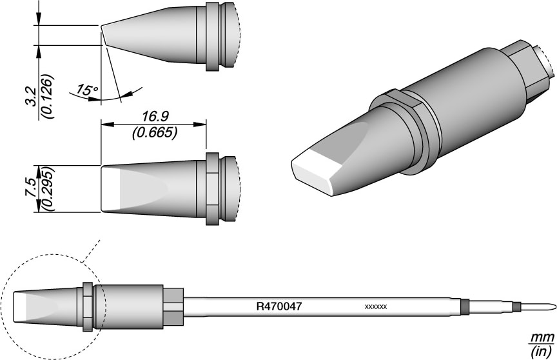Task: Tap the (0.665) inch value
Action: (x=153, y=134)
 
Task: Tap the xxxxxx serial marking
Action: (x=375, y=307)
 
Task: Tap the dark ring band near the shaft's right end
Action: (x=464, y=306)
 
